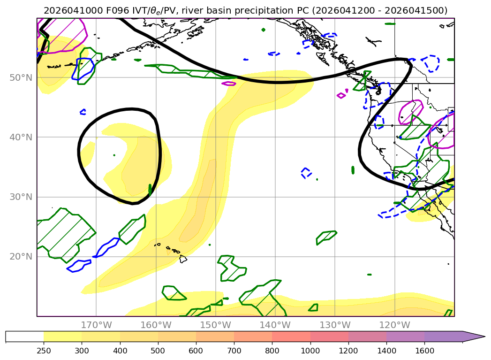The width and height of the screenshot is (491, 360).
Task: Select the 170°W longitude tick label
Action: coord(96,325)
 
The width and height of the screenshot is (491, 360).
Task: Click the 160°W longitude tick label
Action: coord(156,325)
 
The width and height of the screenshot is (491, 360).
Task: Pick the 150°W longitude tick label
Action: coord(215,325)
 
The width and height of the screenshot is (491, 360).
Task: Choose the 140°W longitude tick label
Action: coord(275,325)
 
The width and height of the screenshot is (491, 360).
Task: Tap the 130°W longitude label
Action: coord(335,325)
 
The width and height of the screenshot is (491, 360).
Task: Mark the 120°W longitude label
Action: coord(394,325)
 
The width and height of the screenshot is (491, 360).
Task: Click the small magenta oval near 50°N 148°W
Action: coord(229,84)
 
